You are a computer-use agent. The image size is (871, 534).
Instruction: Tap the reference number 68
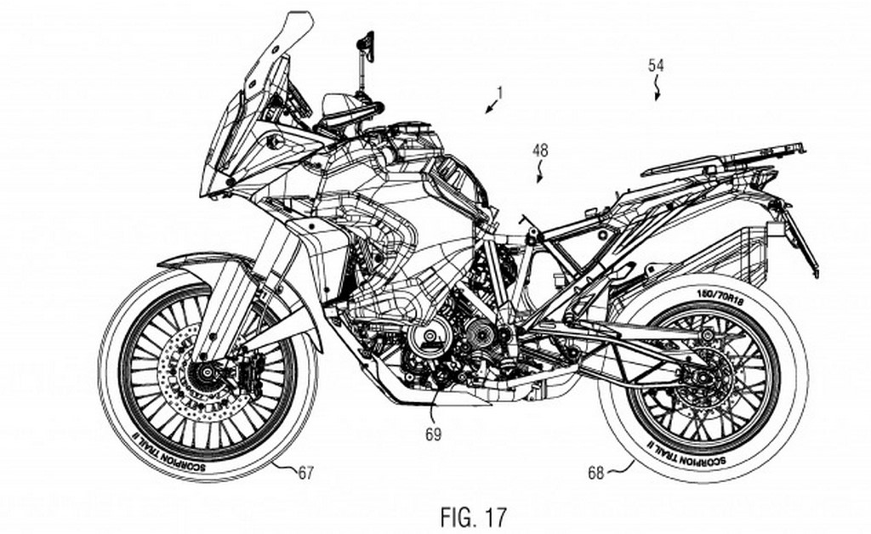(595, 471)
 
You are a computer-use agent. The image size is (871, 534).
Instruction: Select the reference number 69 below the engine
(433, 435)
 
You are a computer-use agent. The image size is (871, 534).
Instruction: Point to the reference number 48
(541, 151)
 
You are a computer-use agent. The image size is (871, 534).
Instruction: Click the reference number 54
(656, 64)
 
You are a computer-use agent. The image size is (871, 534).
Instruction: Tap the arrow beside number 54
(656, 90)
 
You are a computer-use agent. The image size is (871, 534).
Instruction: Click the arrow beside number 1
(489, 107)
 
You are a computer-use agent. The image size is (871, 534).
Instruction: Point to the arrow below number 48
(538, 176)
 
